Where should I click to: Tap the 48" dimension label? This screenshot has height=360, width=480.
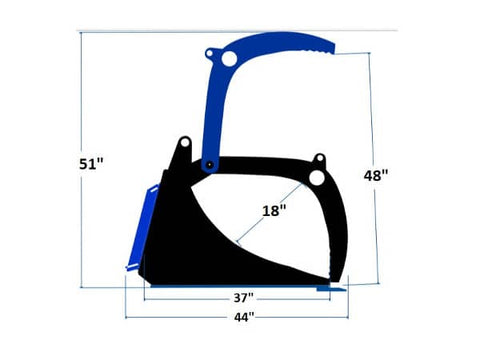376,175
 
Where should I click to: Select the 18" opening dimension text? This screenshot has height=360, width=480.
274,210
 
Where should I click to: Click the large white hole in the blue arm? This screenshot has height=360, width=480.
229,60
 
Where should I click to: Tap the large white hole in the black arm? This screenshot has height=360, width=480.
317,178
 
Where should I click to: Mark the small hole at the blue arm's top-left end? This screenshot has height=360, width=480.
209,53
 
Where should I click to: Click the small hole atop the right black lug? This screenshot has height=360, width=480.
319,158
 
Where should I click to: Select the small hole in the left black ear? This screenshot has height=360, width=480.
183,143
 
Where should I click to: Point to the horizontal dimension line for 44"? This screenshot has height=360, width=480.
180,317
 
